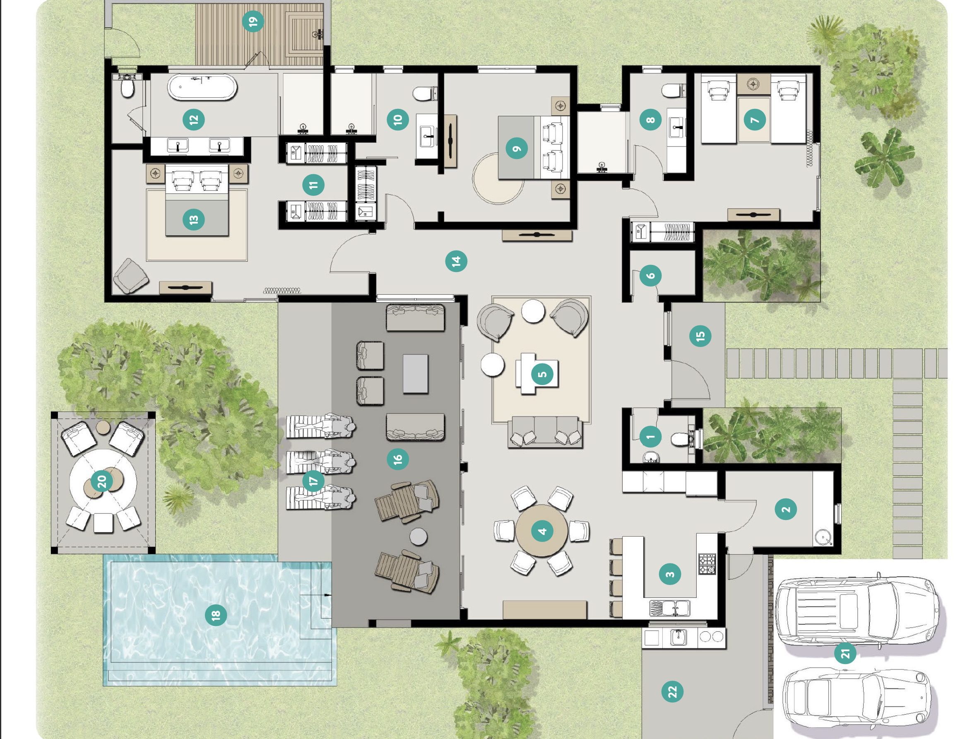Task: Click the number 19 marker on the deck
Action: coord(253,20)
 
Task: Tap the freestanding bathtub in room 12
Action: coord(202,87)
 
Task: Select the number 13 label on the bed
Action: coord(193,219)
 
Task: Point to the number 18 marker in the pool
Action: coord(216,614)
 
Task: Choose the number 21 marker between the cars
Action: coord(845,653)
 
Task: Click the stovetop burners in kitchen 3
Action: coord(707,564)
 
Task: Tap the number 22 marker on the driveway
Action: coord(672,692)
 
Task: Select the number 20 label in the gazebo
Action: coord(102,481)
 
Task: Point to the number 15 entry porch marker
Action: coord(700,336)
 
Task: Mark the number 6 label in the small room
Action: coord(650,276)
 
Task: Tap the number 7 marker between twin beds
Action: coord(755,119)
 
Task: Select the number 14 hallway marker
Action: coord(456,261)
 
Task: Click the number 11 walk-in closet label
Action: coord(313,185)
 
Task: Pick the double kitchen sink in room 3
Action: coord(669,608)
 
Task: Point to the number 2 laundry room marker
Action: coord(786,509)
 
